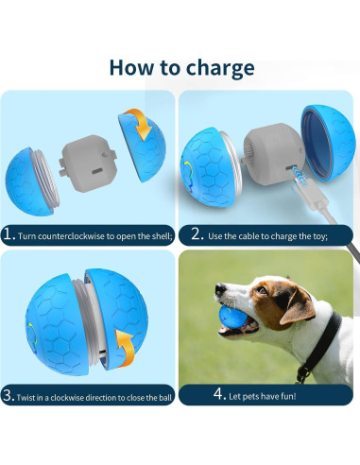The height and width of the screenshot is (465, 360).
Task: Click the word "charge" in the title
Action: [220, 69]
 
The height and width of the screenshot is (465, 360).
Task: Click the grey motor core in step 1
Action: [87, 163]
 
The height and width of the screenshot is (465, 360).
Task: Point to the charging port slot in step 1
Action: [96, 172]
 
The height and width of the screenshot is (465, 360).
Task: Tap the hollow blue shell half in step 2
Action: [328, 143]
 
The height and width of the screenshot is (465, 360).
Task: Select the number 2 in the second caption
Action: [197, 234]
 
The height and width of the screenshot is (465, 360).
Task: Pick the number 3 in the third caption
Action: [8, 395]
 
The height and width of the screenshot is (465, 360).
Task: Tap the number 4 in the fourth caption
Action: [219, 393]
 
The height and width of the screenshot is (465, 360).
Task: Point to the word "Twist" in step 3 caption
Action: [26, 398]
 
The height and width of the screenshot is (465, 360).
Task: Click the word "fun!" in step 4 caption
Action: [287, 396]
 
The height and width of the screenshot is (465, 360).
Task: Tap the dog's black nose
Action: [220, 288]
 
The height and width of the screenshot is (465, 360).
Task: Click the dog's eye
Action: [262, 290]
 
